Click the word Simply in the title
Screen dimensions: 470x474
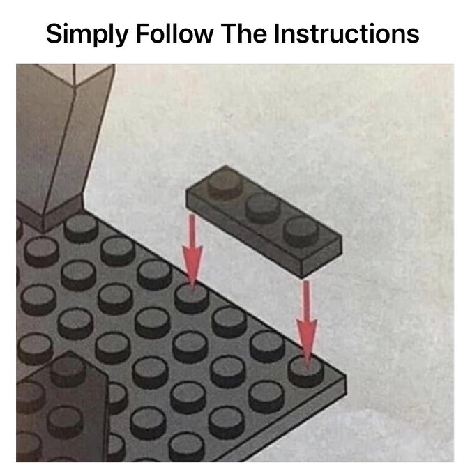87,35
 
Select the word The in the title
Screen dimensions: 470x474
244,33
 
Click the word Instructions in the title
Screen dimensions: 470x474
347,33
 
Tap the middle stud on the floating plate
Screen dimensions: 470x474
262,206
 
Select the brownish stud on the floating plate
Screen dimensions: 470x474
225,183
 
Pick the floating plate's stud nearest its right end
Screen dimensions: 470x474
301,231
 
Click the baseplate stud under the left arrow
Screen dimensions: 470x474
192,298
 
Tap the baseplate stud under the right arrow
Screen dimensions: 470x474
306,372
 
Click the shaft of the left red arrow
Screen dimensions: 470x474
192,230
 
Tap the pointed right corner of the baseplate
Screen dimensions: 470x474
346,378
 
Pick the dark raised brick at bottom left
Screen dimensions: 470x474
61,408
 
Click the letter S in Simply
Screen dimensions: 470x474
54,33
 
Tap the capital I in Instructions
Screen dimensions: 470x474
277,33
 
